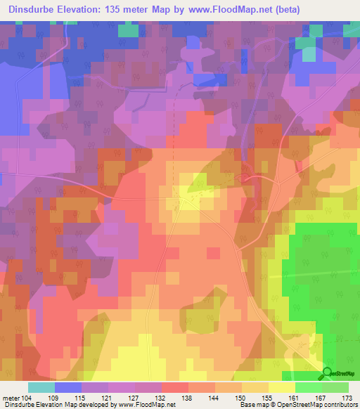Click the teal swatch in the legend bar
click(x=41, y=387)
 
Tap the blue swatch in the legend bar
click(x=68, y=387)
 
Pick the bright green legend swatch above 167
click(x=309, y=387)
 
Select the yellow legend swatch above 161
click(x=282, y=387)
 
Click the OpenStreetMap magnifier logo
click(x=327, y=373)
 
